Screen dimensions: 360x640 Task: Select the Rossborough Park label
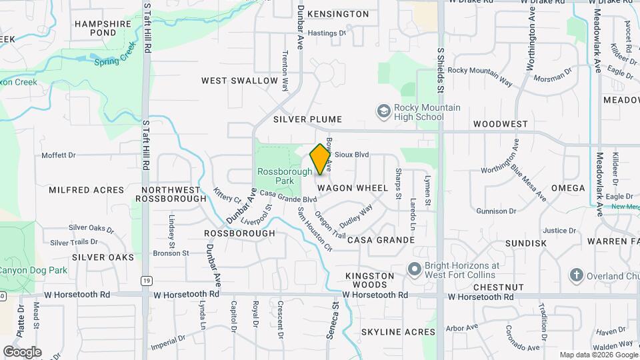(285, 176)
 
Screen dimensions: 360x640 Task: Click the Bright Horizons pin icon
(414, 269)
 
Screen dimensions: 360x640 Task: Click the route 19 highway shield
(145, 281)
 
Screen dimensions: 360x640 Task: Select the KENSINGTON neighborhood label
(337, 14)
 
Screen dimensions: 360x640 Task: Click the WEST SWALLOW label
(239, 81)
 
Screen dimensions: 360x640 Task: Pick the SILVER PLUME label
(307, 119)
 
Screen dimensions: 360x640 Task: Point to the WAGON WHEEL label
(353, 189)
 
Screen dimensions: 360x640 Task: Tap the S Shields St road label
(440, 70)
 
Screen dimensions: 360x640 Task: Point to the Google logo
(22, 351)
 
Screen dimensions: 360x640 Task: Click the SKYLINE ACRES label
(398, 331)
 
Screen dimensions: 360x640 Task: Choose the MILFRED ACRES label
(87, 190)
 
